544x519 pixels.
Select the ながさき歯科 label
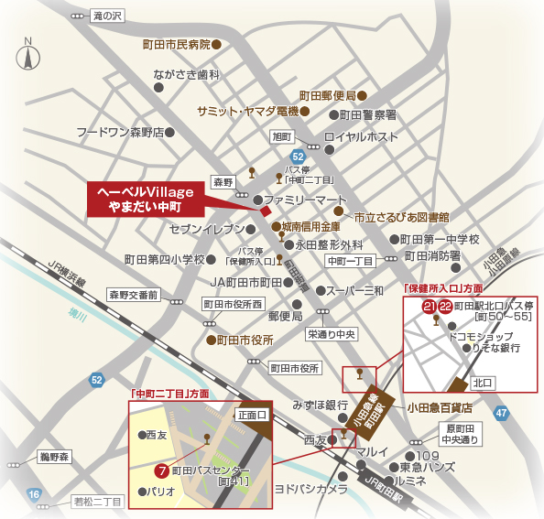tap(187, 75)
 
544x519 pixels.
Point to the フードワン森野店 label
tap(119, 132)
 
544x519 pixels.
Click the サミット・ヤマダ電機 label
tap(248, 111)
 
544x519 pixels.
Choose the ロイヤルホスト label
tap(369, 137)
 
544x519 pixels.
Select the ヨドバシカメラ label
tap(310, 490)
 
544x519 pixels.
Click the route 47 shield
tap(500, 414)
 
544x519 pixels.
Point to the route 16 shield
tap(34, 495)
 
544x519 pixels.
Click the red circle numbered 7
tap(161, 472)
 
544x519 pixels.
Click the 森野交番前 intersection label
tap(135, 295)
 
